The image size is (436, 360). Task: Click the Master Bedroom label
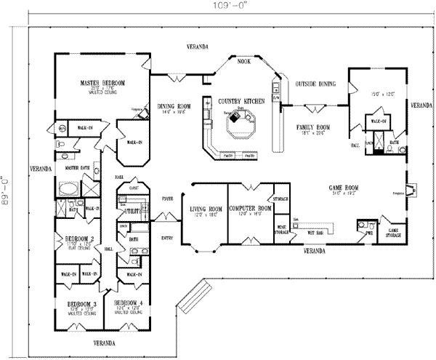click(102, 84)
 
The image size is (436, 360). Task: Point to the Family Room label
click(313, 127)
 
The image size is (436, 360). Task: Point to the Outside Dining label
click(315, 84)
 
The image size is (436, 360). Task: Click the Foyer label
click(166, 196)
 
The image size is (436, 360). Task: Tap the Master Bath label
click(72, 167)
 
